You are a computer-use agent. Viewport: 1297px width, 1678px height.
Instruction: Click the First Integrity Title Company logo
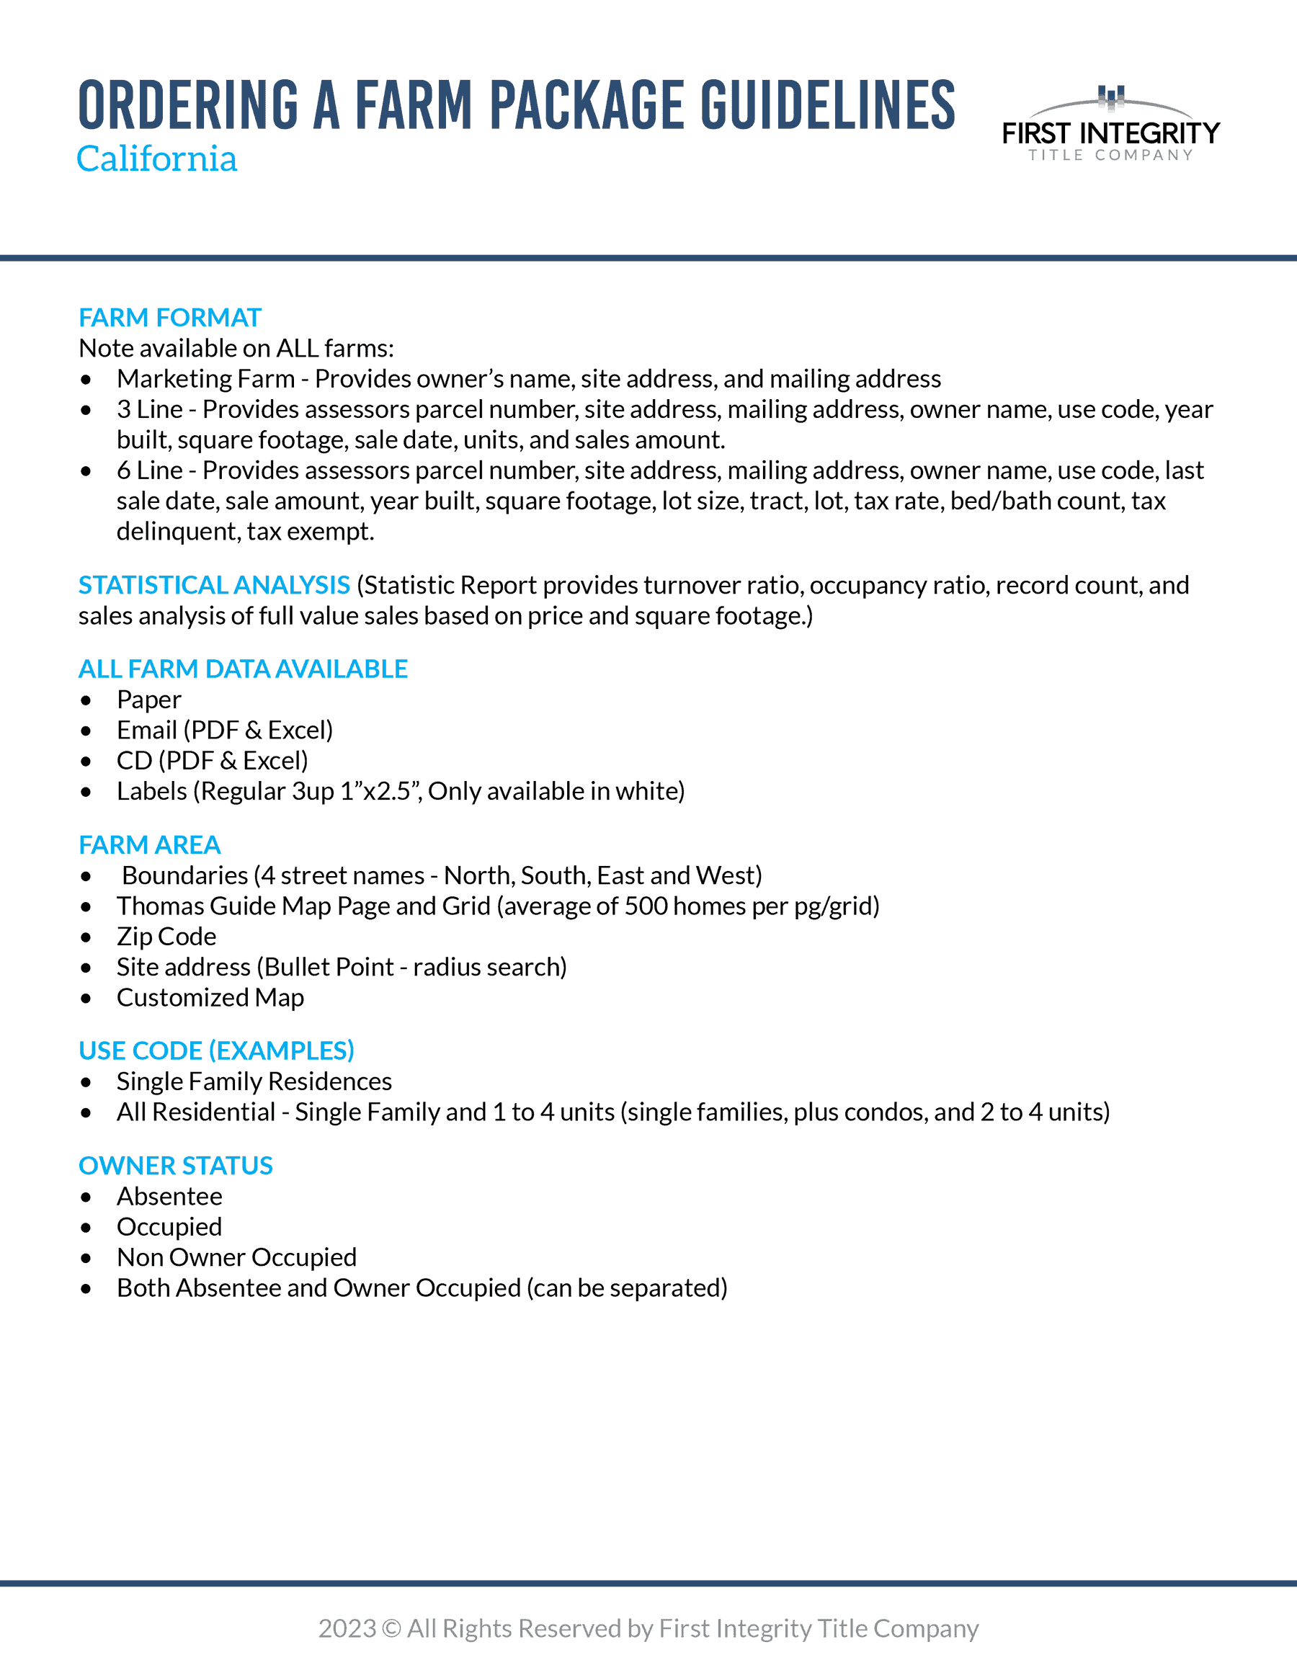pos(1110,125)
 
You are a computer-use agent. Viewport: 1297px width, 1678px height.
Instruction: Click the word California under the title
pos(157,159)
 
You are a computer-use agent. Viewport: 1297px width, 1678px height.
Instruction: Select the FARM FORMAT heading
pos(170,317)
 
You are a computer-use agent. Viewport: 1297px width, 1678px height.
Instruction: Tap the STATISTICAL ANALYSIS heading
pos(215,586)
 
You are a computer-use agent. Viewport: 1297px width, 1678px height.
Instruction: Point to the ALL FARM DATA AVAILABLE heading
pos(243,669)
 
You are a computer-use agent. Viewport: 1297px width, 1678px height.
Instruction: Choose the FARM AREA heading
pos(150,845)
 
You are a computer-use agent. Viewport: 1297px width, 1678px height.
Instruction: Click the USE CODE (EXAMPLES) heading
pos(217,1051)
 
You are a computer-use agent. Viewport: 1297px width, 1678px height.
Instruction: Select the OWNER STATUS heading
pos(176,1166)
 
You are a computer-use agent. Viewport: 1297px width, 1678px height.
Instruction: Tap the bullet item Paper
pos(149,700)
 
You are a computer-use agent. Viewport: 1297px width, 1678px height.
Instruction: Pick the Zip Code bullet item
pos(166,937)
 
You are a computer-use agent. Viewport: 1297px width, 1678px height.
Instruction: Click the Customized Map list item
pos(210,998)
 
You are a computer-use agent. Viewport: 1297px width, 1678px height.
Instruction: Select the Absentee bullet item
pos(170,1197)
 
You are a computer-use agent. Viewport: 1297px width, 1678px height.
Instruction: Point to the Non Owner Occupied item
pos(236,1258)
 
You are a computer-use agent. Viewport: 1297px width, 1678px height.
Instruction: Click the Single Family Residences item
pos(254,1081)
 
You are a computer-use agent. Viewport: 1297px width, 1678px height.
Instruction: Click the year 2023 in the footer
pos(347,1629)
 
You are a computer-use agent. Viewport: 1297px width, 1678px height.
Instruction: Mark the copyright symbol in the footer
pos(391,1629)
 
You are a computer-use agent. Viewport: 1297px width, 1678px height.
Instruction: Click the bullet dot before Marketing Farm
pos(86,380)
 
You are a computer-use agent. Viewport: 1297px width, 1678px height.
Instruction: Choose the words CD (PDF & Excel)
pos(212,761)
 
